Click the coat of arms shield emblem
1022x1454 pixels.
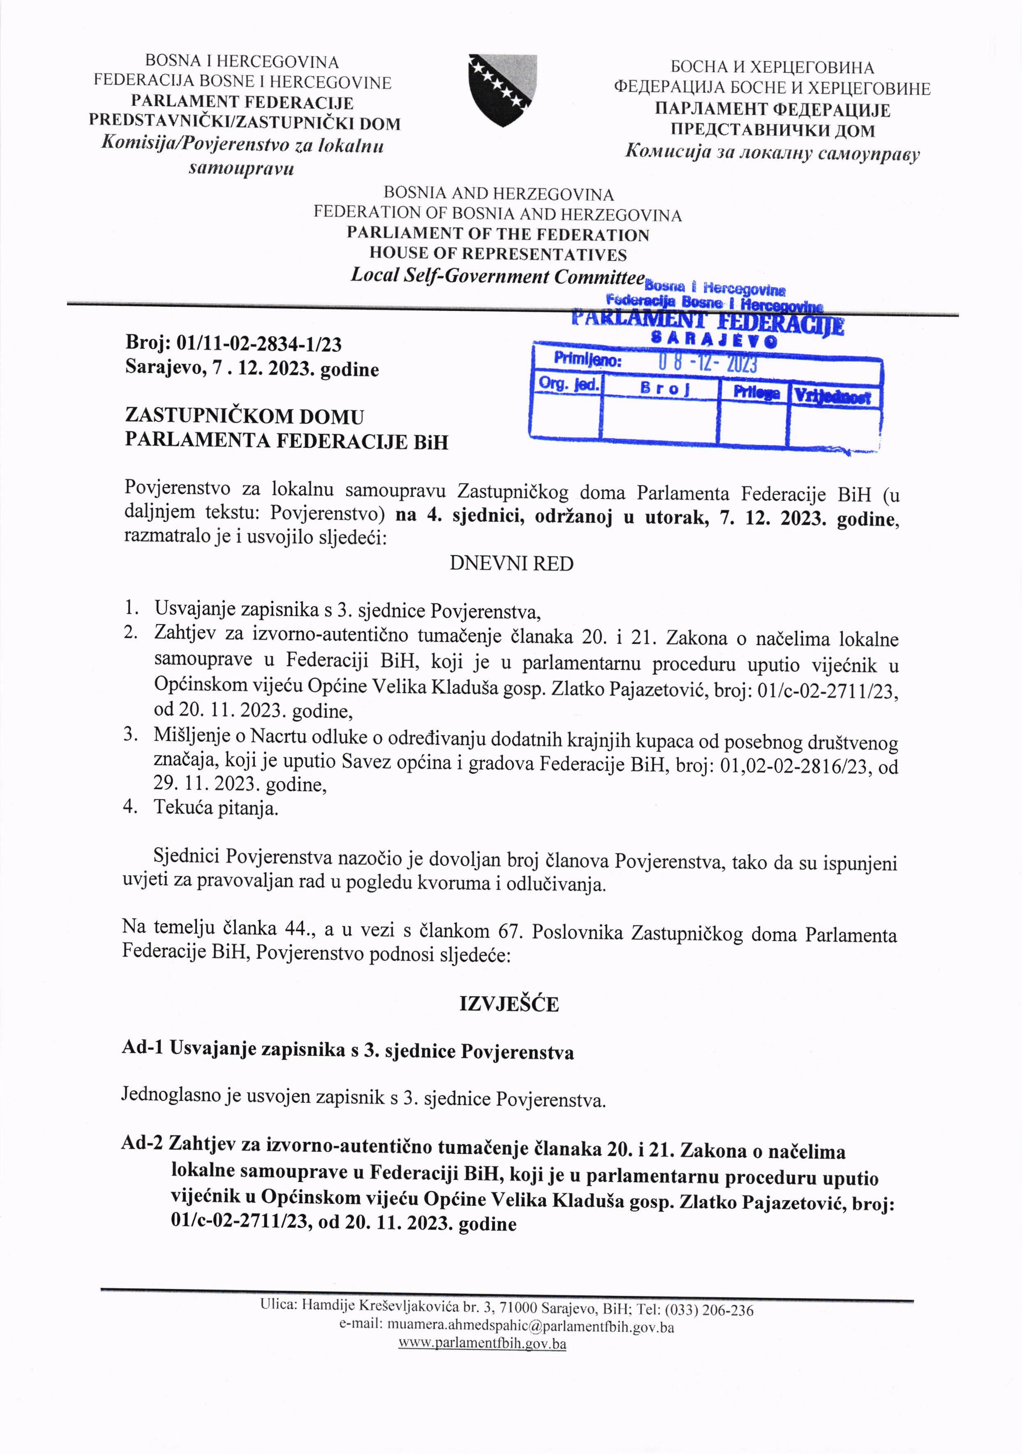tap(502, 90)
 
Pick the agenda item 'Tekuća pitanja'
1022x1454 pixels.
tap(216, 809)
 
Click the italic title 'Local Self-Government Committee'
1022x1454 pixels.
tap(498, 276)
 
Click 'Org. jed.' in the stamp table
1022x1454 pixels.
tap(568, 384)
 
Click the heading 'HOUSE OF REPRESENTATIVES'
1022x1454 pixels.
tap(498, 255)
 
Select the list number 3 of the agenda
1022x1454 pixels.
tap(130, 734)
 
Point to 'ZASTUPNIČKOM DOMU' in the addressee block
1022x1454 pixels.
tap(245, 416)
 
